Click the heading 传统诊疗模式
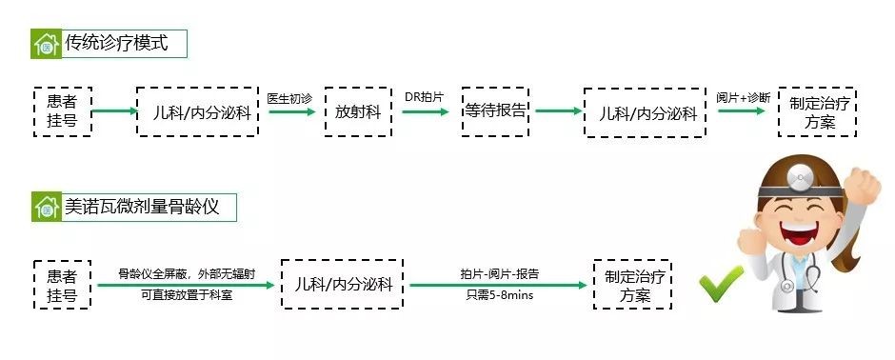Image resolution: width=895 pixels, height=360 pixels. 115,43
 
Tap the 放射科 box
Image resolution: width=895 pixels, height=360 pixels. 358,112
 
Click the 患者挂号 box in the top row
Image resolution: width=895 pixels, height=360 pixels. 62,112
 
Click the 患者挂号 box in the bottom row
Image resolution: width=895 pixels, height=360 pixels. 62,285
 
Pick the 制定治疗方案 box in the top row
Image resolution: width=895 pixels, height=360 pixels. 816,112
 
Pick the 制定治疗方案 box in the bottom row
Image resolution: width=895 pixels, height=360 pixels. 632,285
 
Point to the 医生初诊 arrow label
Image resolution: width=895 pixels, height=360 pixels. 289,98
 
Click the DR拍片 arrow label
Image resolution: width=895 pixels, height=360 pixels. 425,97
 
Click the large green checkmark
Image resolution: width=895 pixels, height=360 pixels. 721,283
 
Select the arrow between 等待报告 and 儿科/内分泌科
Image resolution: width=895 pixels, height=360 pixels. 557,111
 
